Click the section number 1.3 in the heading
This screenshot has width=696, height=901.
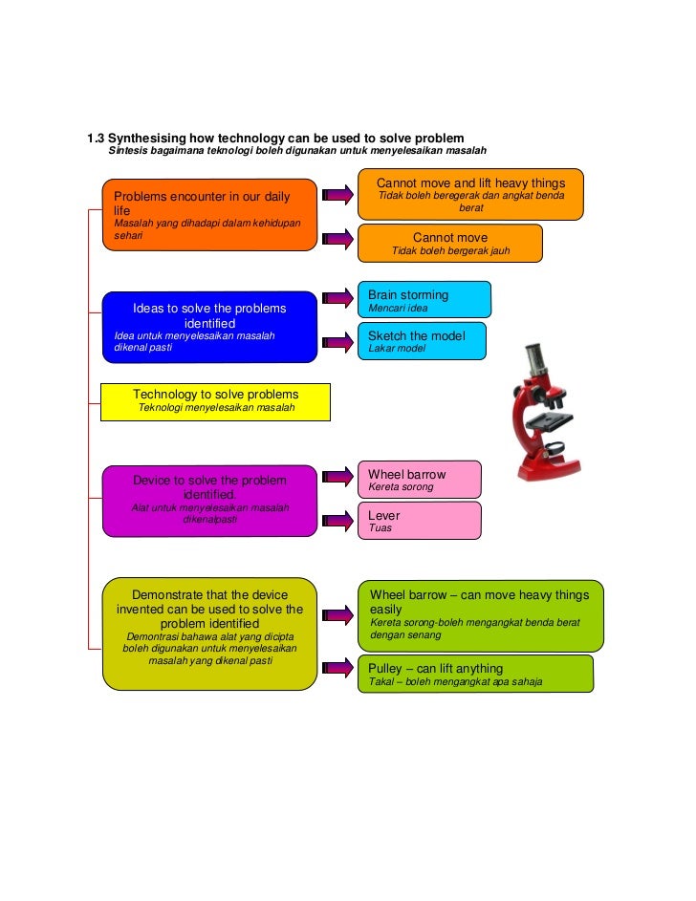pos(97,138)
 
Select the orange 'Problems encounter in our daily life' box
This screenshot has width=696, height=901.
pos(209,215)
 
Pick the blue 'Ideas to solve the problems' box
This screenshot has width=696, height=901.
pos(209,327)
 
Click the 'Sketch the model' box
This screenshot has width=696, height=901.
pos(421,340)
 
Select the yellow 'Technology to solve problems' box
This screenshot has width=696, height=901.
pos(215,401)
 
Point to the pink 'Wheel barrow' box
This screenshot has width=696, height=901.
pos(420,479)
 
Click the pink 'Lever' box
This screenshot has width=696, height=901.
pos(420,521)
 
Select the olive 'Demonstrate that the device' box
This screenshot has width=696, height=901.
pos(209,633)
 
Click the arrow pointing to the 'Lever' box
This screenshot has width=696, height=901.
pos(337,521)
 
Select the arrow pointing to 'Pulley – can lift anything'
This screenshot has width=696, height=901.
pos(337,670)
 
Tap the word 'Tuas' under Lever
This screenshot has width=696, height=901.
pos(381,528)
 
